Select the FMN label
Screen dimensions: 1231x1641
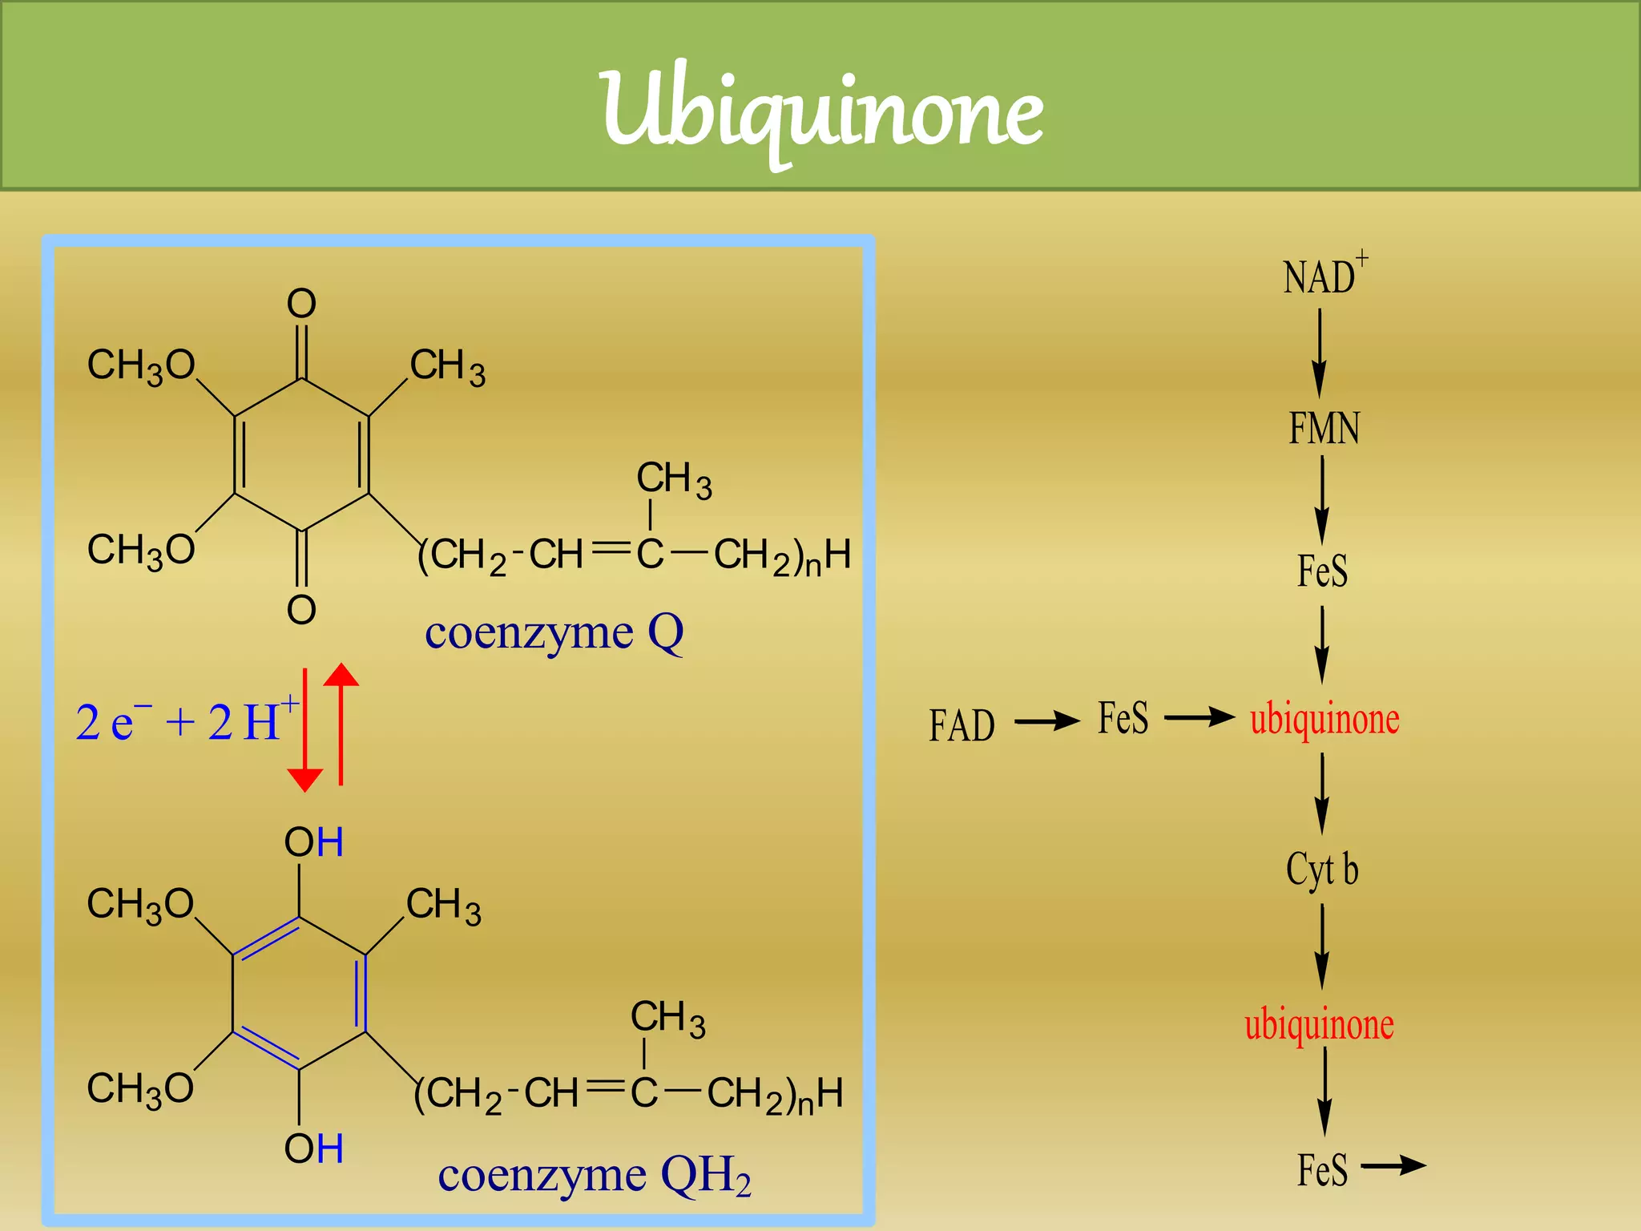(1324, 428)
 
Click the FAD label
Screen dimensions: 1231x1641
(962, 726)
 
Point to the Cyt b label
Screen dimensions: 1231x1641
(1322, 870)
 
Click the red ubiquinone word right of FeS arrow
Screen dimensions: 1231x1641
(1324, 719)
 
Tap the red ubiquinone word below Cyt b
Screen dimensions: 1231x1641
(1319, 1024)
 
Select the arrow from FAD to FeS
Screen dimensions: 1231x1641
(1047, 721)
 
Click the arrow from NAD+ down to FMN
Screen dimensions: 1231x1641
(1319, 353)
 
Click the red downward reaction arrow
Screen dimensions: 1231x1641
(304, 729)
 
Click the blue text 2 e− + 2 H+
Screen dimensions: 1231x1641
(186, 720)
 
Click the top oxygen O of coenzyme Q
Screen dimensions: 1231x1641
(301, 305)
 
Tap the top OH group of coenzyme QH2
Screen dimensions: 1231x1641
(313, 843)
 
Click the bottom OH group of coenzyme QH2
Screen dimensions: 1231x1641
(313, 1149)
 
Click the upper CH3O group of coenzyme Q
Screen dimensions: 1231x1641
(141, 366)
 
